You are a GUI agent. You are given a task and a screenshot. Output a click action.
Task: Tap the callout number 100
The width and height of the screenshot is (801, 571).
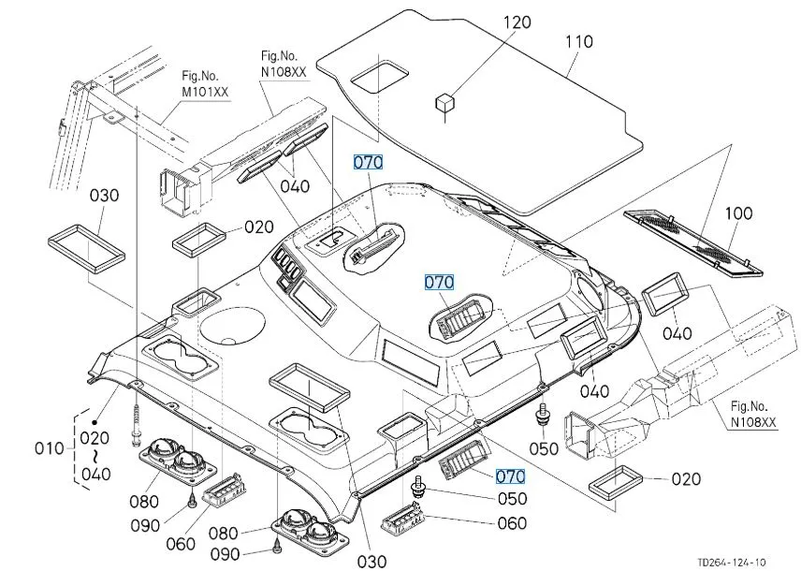(738, 213)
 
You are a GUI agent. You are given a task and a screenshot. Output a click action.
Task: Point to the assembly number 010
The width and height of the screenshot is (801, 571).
(48, 448)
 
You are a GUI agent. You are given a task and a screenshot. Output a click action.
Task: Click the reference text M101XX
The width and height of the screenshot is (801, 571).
(206, 92)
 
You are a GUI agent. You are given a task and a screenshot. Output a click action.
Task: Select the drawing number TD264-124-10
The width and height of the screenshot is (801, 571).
(731, 562)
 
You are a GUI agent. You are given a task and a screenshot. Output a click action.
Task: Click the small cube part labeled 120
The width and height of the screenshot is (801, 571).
(444, 103)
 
